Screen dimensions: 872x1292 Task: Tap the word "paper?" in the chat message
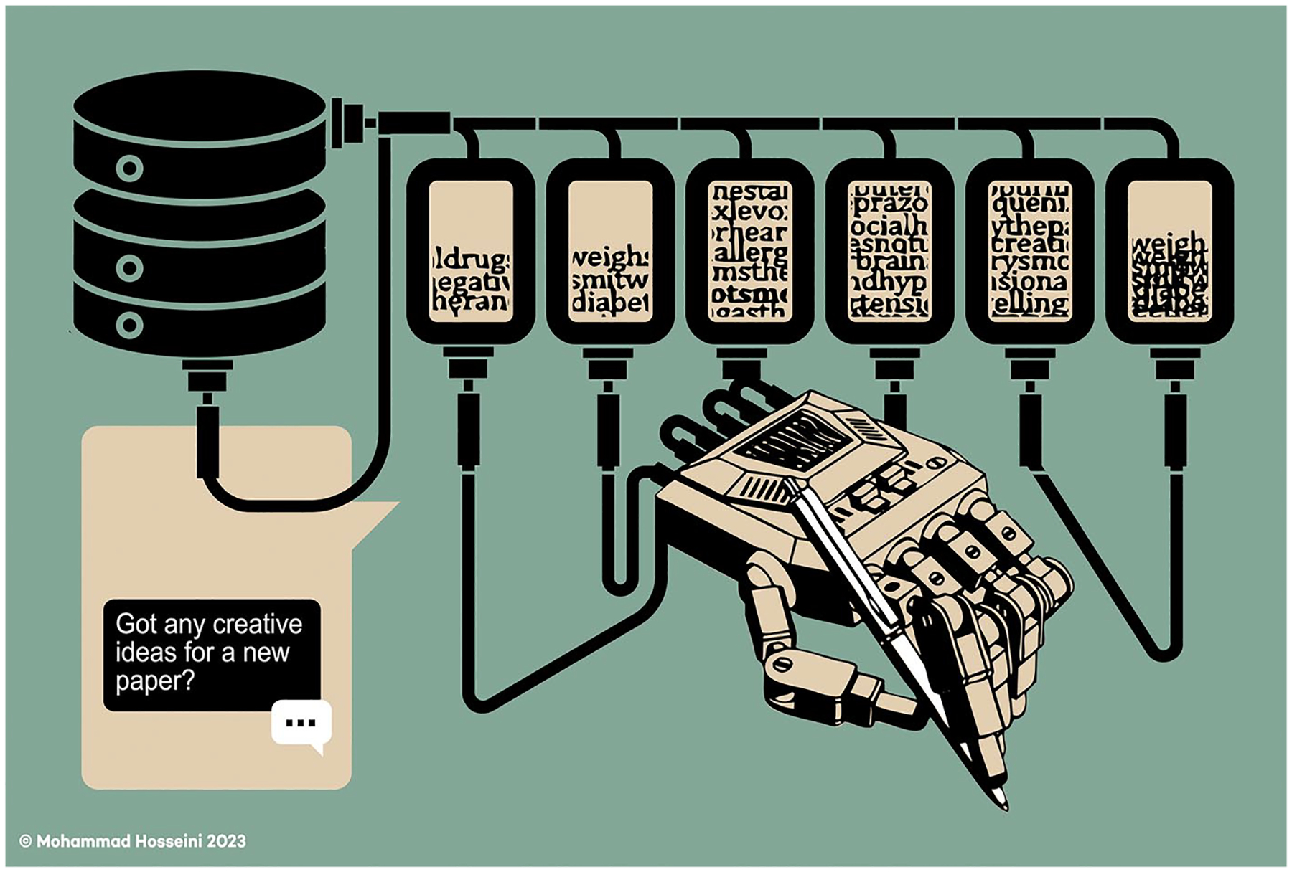click(155, 681)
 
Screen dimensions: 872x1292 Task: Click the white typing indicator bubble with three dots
click(301, 723)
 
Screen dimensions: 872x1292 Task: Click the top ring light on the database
click(130, 169)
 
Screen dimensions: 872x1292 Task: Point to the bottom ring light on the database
click(130, 325)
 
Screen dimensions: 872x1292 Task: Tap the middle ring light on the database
click(130, 268)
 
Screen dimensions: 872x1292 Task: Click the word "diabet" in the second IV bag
click(611, 304)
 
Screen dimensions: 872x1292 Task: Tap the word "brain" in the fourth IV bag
click(889, 262)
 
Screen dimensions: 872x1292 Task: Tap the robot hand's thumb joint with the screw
click(782, 663)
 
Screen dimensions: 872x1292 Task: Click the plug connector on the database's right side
click(352, 123)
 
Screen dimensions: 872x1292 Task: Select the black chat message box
click(212, 655)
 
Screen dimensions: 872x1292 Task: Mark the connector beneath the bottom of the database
click(207, 376)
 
